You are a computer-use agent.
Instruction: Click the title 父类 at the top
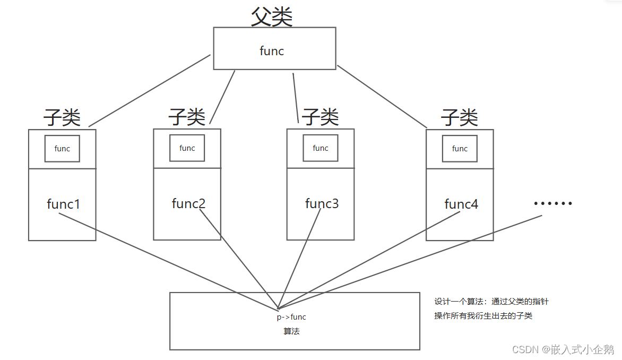272,17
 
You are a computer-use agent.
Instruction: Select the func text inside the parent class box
272,51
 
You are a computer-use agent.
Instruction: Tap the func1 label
63,204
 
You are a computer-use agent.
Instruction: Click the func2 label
188,203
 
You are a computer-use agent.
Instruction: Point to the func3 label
322,203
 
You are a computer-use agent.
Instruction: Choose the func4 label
461,204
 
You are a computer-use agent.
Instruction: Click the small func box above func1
62,149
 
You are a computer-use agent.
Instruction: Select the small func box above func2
187,148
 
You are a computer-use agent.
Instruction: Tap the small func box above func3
321,148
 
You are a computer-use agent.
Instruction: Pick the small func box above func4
460,149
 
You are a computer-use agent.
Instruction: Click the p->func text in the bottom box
291,317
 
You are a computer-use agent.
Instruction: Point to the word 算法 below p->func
292,331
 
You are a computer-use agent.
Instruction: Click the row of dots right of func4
553,203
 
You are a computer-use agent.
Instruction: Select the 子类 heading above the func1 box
62,117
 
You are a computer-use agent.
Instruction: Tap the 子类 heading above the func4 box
460,117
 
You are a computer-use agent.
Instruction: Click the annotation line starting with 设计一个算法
491,302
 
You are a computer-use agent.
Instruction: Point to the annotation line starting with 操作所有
483,316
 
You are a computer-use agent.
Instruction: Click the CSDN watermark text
563,349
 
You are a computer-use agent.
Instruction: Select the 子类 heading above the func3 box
320,117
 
